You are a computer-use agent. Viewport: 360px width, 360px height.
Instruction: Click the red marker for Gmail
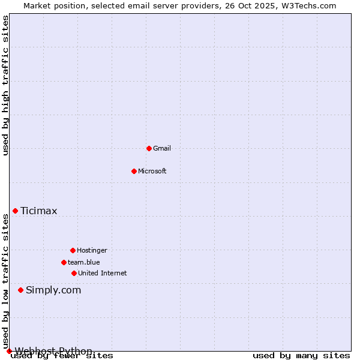[149, 148]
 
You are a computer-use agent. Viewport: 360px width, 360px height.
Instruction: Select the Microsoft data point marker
[134, 171]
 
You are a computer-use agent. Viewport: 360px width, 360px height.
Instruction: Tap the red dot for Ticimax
[15, 211]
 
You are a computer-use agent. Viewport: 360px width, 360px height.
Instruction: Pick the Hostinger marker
[73, 250]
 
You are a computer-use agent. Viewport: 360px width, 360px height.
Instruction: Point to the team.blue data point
[64, 262]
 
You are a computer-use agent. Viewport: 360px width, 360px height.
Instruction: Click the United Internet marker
[74, 273]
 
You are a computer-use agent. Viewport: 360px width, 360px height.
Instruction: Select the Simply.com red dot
[20, 290]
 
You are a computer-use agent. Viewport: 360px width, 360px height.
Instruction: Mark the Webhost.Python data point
[9, 351]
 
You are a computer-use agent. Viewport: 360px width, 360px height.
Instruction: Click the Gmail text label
[162, 148]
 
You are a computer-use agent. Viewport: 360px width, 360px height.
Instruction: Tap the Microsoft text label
[152, 171]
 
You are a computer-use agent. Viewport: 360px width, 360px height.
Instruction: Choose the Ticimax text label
[39, 211]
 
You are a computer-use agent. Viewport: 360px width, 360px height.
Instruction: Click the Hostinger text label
[92, 250]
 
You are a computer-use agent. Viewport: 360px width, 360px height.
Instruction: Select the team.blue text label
[84, 262]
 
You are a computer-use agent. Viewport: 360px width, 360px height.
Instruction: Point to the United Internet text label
[103, 273]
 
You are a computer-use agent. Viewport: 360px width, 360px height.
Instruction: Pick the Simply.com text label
[53, 290]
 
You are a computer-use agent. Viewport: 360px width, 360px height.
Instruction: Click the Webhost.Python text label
[53, 351]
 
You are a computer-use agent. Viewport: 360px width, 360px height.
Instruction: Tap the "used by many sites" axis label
[301, 356]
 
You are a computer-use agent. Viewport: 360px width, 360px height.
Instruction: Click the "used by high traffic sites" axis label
[5, 85]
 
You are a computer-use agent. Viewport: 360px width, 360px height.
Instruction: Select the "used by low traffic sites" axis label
[5, 282]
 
